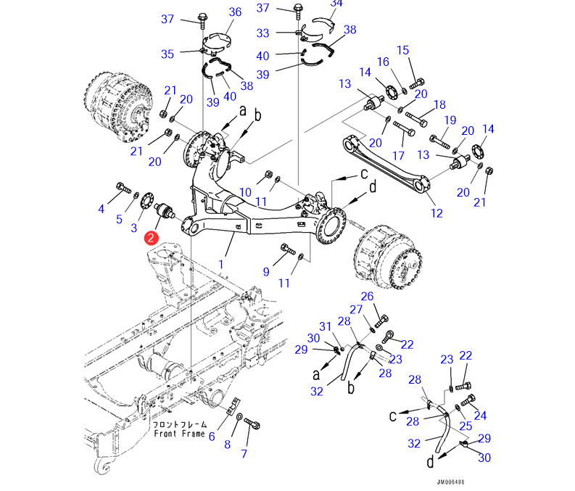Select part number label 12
point(436,213)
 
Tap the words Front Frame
point(179,433)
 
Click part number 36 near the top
point(235,12)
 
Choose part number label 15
point(403,50)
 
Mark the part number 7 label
point(244,455)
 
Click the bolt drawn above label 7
point(252,423)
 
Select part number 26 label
point(367,296)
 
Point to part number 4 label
point(102,210)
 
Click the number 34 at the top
point(335,4)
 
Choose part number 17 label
point(397,156)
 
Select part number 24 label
point(480,416)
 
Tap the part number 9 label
point(266,272)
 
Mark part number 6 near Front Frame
point(212,436)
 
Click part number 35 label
point(167,54)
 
